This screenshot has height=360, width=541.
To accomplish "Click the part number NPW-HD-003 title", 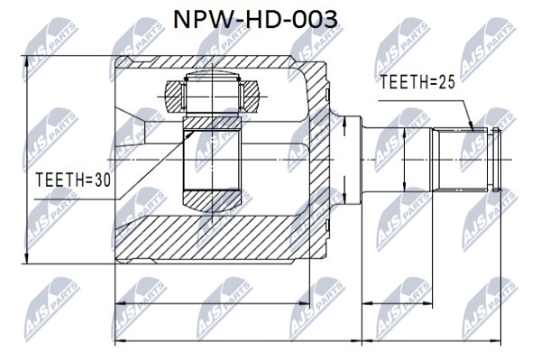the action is [255, 19].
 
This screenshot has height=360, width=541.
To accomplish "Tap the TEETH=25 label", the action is [417, 82].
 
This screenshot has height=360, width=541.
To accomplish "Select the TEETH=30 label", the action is [73, 180].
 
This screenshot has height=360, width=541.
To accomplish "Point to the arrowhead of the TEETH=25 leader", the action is [471, 127].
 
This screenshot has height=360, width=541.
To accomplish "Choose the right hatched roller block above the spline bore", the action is [249, 97].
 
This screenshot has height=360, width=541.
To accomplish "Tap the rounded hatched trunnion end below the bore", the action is [212, 201].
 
